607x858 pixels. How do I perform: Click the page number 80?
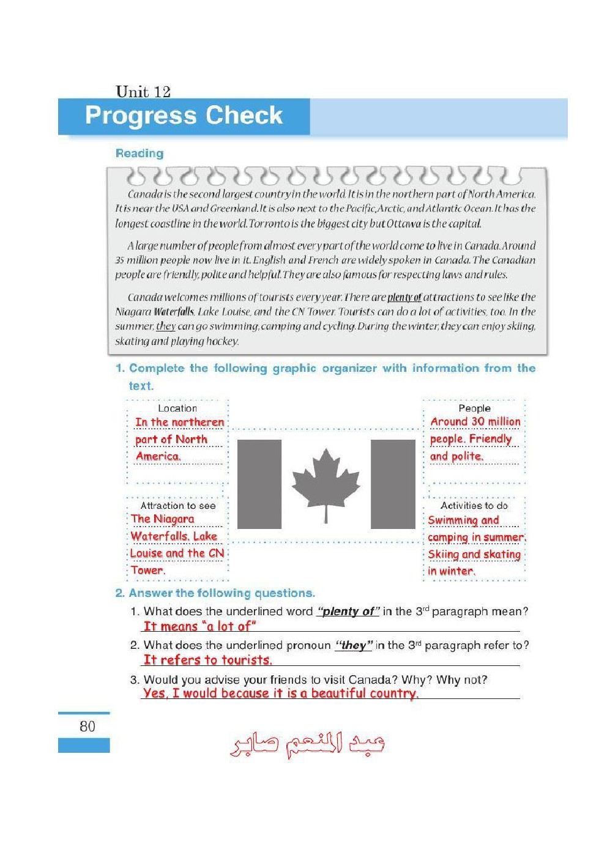tap(88, 726)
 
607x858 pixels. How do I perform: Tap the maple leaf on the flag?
tap(326, 483)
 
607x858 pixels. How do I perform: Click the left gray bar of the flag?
tap(259, 484)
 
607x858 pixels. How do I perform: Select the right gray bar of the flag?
tap(393, 484)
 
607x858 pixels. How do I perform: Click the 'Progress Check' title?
tap(184, 116)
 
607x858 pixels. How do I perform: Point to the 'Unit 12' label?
tap(143, 92)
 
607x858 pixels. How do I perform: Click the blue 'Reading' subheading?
tap(140, 153)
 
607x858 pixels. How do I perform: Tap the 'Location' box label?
tap(177, 408)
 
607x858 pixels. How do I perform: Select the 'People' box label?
tap(474, 408)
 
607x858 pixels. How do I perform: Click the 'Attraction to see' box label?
tap(177, 506)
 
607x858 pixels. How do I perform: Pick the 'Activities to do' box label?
tap(474, 506)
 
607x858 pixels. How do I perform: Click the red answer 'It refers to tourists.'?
tap(208, 660)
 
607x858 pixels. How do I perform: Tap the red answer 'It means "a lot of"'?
tap(199, 626)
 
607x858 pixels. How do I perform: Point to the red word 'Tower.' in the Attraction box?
tap(147, 570)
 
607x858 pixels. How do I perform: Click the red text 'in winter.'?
tap(451, 571)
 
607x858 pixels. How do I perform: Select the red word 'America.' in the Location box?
tap(158, 456)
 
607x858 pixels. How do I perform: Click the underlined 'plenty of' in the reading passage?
tap(404, 297)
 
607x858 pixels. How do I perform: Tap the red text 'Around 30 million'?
tap(475, 421)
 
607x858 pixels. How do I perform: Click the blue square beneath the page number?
tap(84, 745)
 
